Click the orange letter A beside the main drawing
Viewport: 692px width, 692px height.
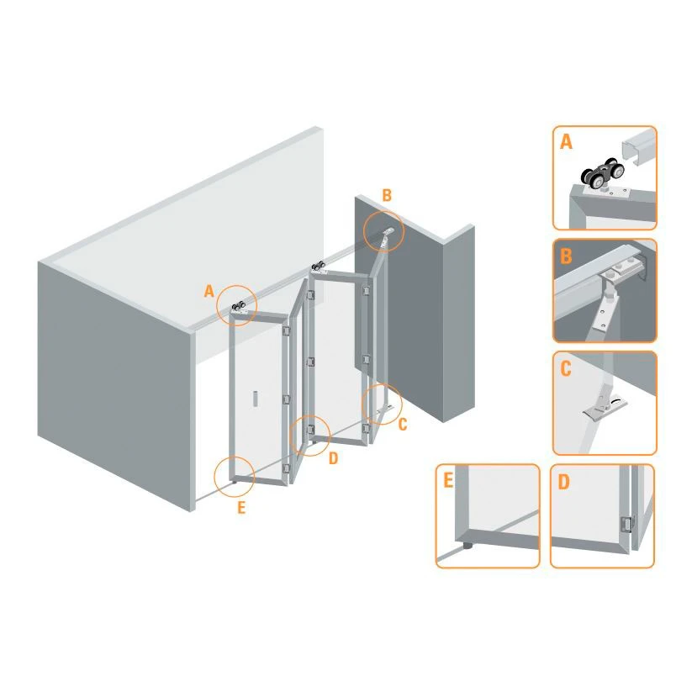coord(209,291)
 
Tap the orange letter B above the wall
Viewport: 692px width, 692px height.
coord(387,195)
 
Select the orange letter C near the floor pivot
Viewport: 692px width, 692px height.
coord(403,424)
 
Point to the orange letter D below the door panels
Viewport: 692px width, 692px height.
coord(333,458)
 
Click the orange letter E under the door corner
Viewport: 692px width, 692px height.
coord(241,508)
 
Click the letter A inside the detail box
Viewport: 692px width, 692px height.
coord(566,142)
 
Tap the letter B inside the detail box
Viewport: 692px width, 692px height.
coord(566,256)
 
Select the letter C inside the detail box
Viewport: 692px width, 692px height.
coord(566,368)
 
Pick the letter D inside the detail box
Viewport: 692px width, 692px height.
coord(563,482)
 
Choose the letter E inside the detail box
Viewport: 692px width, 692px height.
coord(448,481)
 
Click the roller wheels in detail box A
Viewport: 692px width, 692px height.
coord(602,175)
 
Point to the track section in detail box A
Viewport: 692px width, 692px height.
coord(637,147)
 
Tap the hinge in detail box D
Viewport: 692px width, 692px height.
coord(626,525)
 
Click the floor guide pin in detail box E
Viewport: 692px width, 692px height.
coord(467,546)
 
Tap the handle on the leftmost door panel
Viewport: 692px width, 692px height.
coord(255,399)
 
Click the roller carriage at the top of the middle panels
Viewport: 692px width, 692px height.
coord(318,267)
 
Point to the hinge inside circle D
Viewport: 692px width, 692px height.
coord(311,429)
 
